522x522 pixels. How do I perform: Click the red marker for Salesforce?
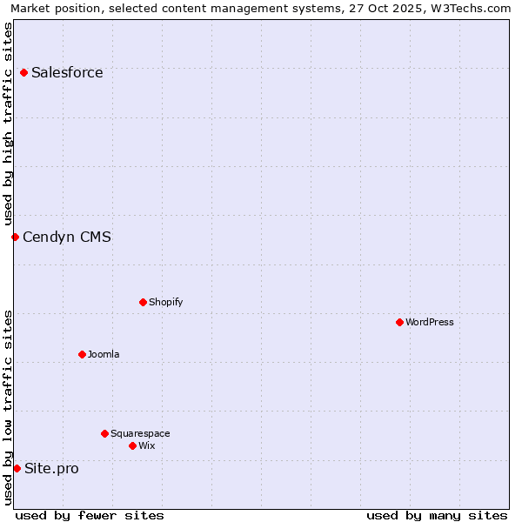[23, 72]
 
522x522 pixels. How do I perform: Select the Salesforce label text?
[67, 73]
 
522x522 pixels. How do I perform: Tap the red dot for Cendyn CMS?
[15, 237]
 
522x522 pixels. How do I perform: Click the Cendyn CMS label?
[67, 238]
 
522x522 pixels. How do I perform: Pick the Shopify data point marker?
[143, 302]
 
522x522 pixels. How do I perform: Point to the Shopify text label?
[165, 303]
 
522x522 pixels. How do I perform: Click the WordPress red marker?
[399, 322]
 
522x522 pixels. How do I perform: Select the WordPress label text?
[429, 323]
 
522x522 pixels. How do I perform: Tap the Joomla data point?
[82, 354]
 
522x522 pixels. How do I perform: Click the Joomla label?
[104, 355]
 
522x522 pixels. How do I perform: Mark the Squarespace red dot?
[104, 433]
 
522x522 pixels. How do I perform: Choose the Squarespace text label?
[140, 434]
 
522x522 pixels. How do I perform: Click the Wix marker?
[132, 445]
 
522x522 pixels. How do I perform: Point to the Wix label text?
[146, 446]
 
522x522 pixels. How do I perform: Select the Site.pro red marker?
[17, 468]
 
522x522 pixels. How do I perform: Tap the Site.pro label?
[51, 469]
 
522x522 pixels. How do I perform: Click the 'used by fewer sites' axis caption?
[90, 515]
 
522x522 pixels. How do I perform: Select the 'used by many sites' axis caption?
[437, 515]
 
